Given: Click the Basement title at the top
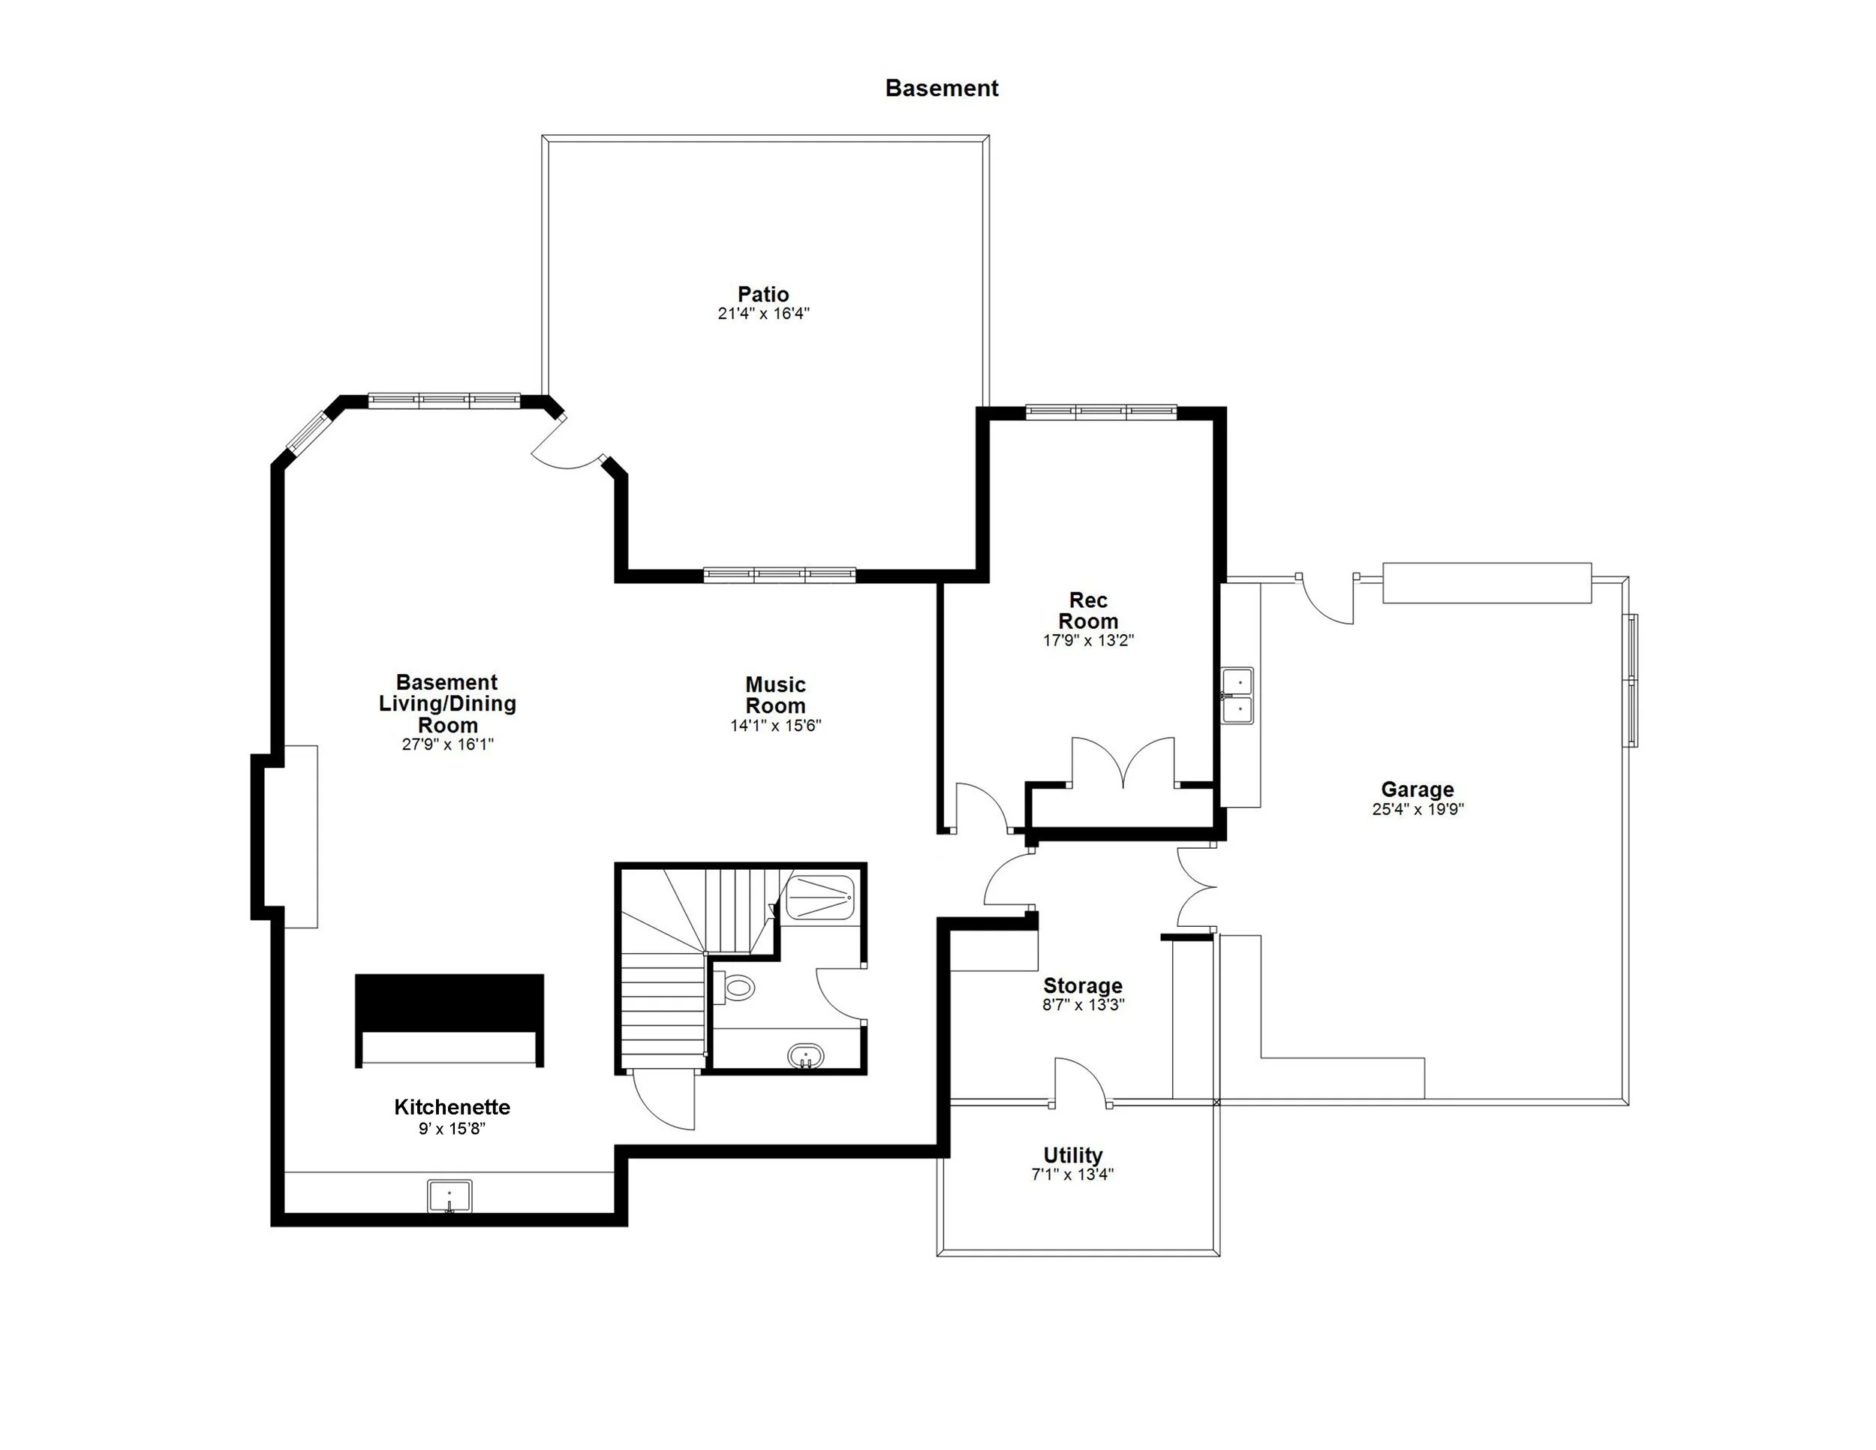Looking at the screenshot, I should pos(942,89).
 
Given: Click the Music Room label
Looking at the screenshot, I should pos(775,695).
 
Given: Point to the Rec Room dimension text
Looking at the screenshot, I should pos(1087,640).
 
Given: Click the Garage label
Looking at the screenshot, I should pos(1418,789).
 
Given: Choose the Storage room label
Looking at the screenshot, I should pos(1082,985).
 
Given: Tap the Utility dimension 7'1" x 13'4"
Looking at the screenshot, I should pos(1072,1175).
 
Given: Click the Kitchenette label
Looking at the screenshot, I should pos(452,1106).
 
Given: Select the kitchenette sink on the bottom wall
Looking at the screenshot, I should pos(449,1196).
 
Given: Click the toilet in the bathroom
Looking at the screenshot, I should pos(735,987).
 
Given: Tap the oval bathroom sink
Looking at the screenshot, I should pos(806,1056).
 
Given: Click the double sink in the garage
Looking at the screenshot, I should pos(1237,696).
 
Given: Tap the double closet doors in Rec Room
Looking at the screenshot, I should pos(1123,763).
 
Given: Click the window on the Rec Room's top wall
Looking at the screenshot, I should pos(1100,412).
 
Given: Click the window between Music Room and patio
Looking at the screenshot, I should pos(779,575).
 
